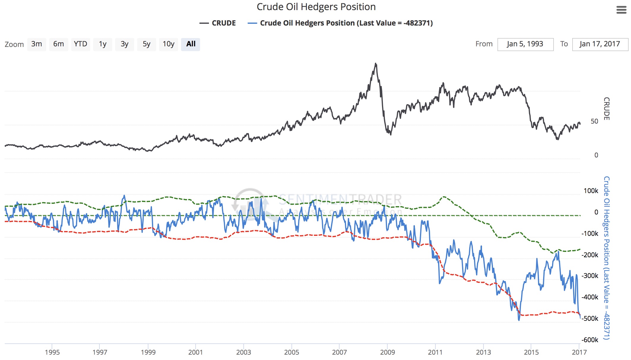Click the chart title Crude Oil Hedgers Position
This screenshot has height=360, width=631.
(x=316, y=7)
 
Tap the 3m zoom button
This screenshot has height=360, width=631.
(x=37, y=44)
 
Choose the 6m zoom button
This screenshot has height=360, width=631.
(x=58, y=44)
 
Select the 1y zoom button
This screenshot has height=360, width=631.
(x=102, y=44)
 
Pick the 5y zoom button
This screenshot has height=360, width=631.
(x=146, y=44)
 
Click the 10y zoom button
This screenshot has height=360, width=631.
(x=168, y=44)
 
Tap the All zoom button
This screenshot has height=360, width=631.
(x=191, y=44)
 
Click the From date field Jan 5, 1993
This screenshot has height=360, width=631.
(x=525, y=44)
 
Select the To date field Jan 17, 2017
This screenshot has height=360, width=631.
(x=600, y=44)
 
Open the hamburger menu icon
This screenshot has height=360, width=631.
(x=621, y=10)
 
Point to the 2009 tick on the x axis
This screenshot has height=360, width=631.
(x=387, y=352)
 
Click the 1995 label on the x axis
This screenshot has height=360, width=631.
(x=52, y=352)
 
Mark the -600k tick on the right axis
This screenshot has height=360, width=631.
(x=590, y=340)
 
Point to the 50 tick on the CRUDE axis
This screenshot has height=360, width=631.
(x=594, y=121)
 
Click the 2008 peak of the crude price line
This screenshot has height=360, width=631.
(x=376, y=63)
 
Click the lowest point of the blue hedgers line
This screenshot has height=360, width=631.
(x=519, y=320)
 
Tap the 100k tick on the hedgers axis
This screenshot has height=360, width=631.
(x=591, y=191)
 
